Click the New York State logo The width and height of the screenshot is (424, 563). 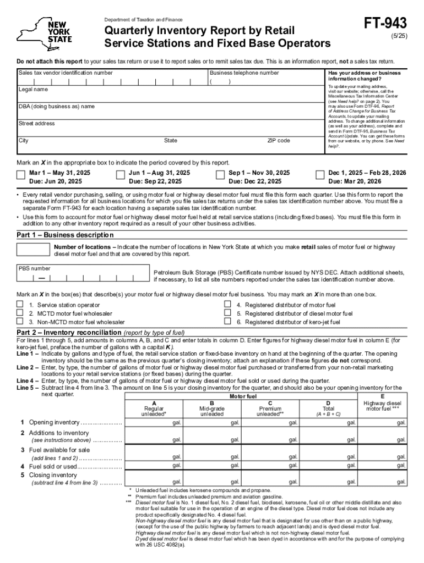(x=44, y=33)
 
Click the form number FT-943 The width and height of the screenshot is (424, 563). (x=385, y=23)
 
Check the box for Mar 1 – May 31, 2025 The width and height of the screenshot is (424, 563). (x=21, y=175)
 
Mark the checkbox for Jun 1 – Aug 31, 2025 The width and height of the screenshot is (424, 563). (x=121, y=175)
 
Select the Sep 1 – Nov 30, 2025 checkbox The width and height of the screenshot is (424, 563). (x=220, y=175)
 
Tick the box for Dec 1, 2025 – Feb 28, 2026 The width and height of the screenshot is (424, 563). (x=319, y=175)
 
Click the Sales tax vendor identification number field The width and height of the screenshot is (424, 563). (x=110, y=80)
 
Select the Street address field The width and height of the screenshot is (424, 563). (x=165, y=130)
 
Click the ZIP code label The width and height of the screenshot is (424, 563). (x=278, y=141)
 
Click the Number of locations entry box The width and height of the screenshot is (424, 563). (x=34, y=250)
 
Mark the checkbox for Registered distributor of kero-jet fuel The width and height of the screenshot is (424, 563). (x=227, y=322)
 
